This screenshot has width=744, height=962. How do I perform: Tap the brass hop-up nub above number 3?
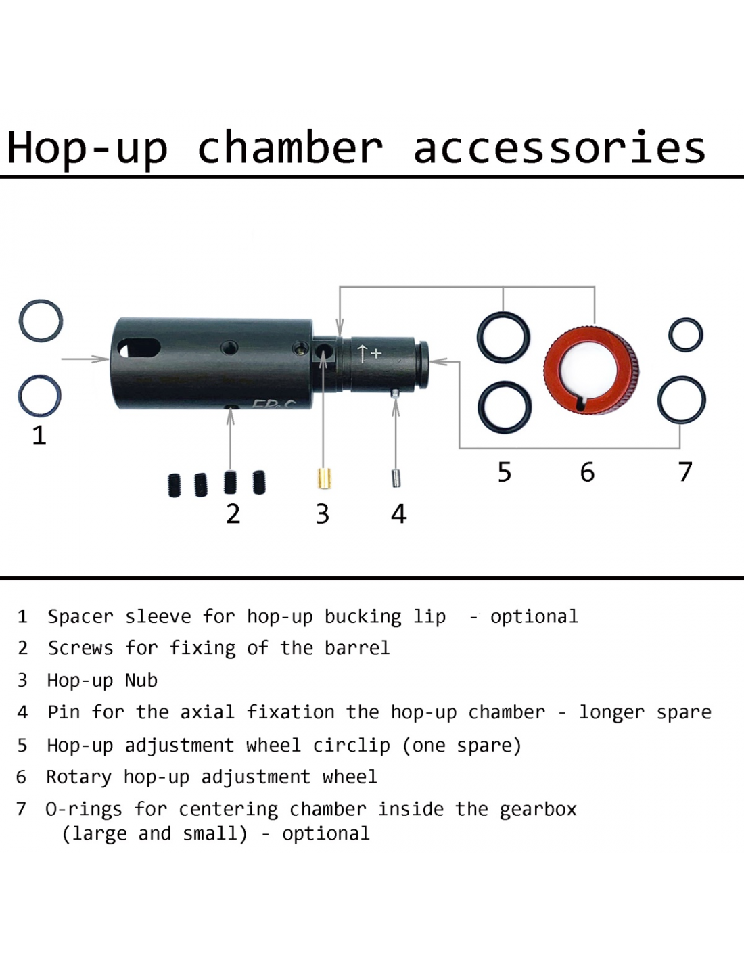[322, 478]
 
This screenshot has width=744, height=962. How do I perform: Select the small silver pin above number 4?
[396, 478]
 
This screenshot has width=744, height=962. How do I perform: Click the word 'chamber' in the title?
[290, 148]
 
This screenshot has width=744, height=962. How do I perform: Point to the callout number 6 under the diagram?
[587, 472]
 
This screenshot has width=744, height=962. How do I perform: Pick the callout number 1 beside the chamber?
[39, 435]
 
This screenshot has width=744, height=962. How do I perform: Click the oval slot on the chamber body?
[140, 348]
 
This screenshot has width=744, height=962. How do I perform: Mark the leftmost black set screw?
[175, 485]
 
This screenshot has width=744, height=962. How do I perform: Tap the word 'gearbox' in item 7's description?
[538, 809]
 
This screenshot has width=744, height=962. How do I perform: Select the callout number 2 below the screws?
[233, 514]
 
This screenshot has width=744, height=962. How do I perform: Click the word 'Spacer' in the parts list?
[80, 617]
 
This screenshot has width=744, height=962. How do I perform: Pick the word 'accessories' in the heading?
[559, 148]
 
